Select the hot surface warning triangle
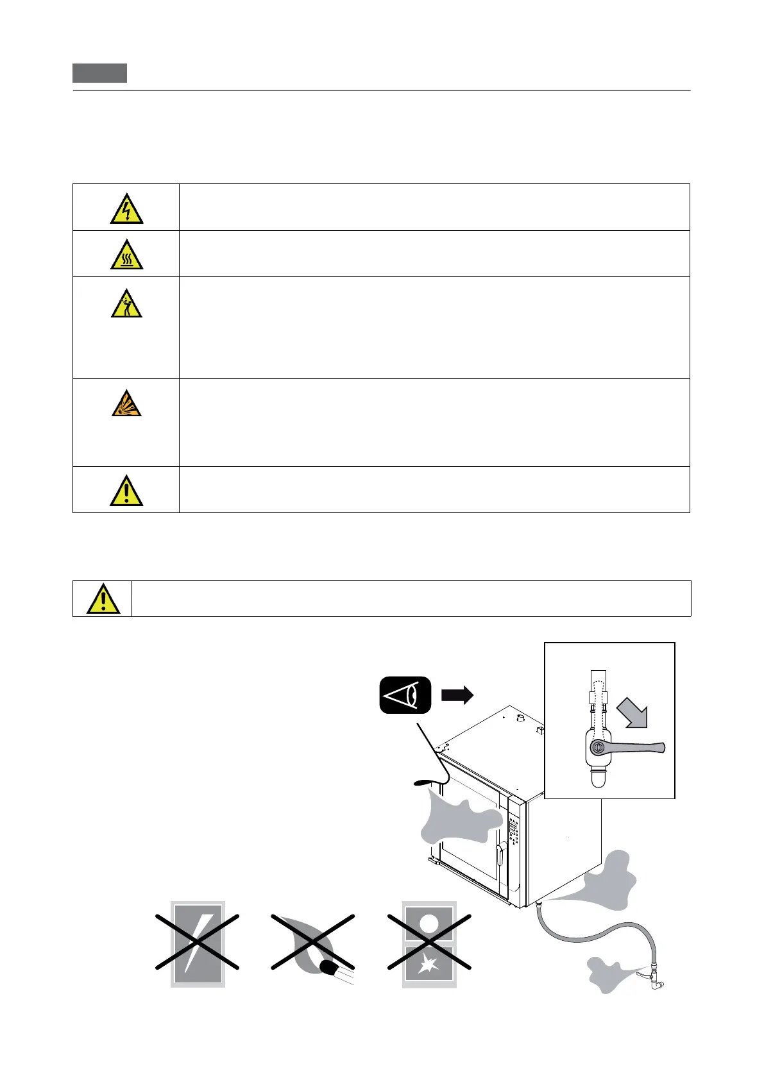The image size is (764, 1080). (126, 255)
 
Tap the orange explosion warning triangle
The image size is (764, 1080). (126, 404)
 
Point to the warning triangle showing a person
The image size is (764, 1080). (126, 304)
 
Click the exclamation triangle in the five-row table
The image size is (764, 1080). (126, 491)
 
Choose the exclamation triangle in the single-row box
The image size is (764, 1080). (103, 600)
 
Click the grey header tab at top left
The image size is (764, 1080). (99, 73)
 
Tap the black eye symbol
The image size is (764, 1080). (405, 695)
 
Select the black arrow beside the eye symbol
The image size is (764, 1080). (457, 695)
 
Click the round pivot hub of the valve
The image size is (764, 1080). (598, 747)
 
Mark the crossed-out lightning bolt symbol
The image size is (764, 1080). (198, 944)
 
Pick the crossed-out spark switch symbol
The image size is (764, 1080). (429, 944)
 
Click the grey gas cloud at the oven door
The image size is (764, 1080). (459, 818)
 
